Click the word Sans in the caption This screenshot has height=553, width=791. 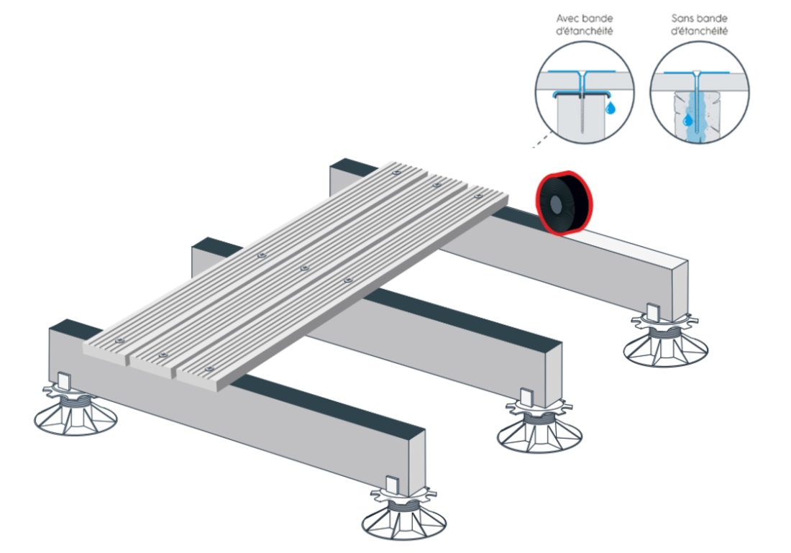682,19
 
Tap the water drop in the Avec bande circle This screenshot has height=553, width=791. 611,107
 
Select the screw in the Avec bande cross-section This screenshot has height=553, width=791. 583,104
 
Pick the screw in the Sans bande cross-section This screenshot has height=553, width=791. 697,104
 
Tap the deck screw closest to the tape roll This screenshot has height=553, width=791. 478,196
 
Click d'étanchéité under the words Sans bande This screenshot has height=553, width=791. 699,32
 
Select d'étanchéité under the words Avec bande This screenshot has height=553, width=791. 584,32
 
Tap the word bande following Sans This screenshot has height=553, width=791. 711,19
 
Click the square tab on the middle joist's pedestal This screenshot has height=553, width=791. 526,397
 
